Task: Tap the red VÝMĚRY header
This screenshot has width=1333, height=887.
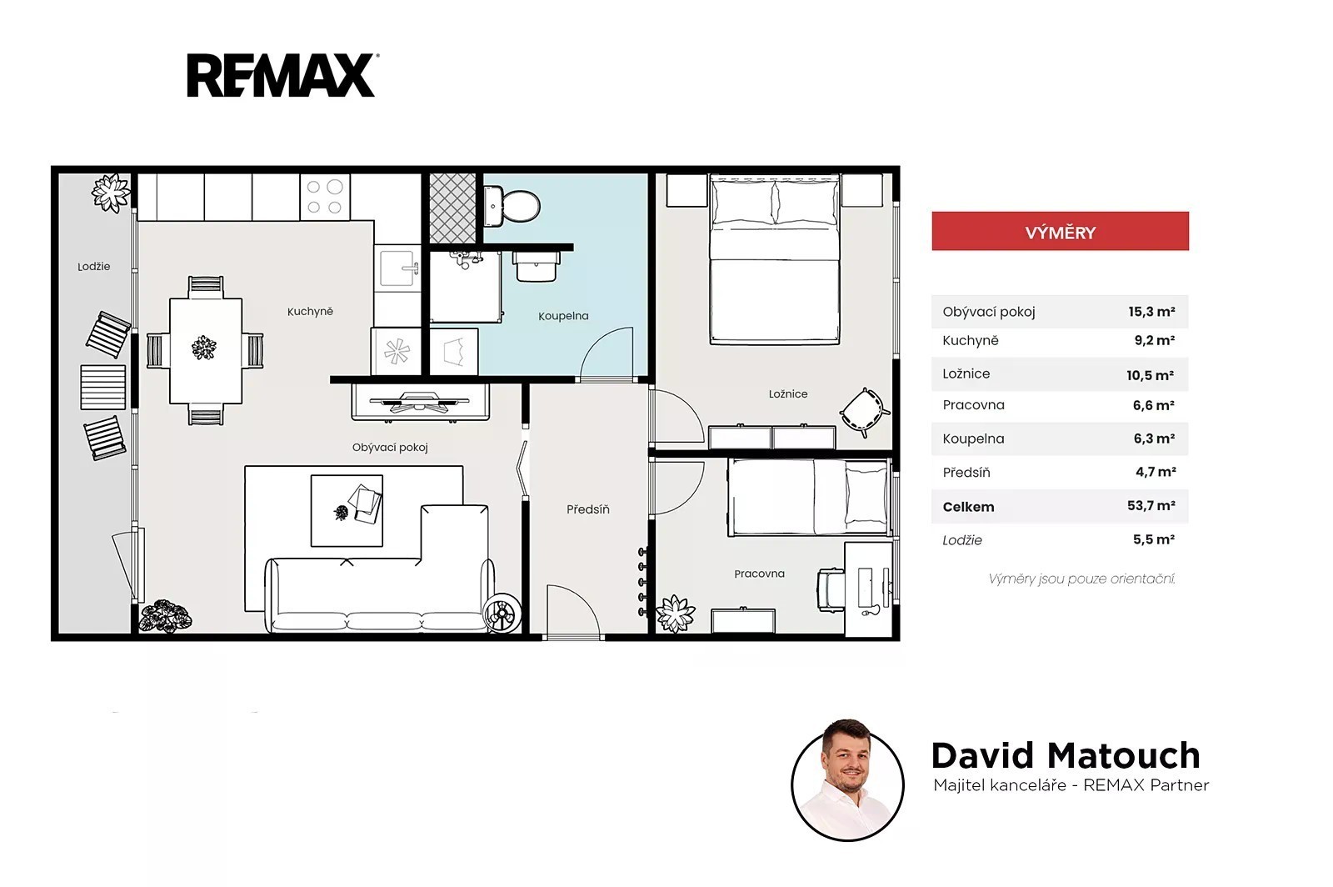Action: point(1060,231)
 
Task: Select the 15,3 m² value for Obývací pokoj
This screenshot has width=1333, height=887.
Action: point(1151,311)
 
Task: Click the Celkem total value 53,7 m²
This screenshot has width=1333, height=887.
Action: point(1151,506)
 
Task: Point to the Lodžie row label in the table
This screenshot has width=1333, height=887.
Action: point(962,540)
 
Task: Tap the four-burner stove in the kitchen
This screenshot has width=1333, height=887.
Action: point(325,196)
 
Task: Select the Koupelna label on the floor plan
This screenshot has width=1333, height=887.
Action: point(563,316)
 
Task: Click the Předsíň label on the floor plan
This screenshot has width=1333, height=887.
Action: point(588,509)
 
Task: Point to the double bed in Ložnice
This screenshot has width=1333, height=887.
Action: point(774,259)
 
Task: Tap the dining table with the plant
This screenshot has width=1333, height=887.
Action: point(205,351)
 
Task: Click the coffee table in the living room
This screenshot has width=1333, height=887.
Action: point(347,511)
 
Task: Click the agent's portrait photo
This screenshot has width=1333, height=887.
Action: point(847,780)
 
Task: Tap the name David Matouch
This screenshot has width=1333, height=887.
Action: point(1066,755)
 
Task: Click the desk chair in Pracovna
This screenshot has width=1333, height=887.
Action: point(831,589)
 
